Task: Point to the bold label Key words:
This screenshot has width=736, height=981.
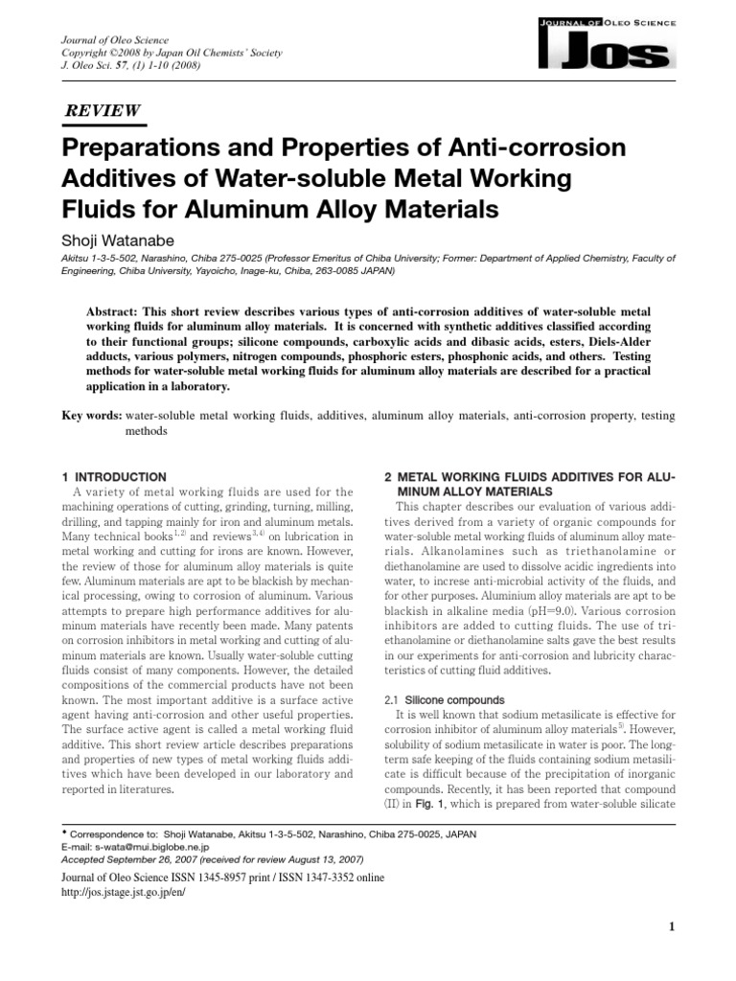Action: pyautogui.click(x=92, y=415)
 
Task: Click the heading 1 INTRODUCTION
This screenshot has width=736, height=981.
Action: pyautogui.click(x=114, y=476)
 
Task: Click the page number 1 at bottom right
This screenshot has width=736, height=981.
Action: pyautogui.click(x=672, y=926)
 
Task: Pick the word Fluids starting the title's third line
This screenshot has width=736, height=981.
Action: pyautogui.click(x=103, y=209)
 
